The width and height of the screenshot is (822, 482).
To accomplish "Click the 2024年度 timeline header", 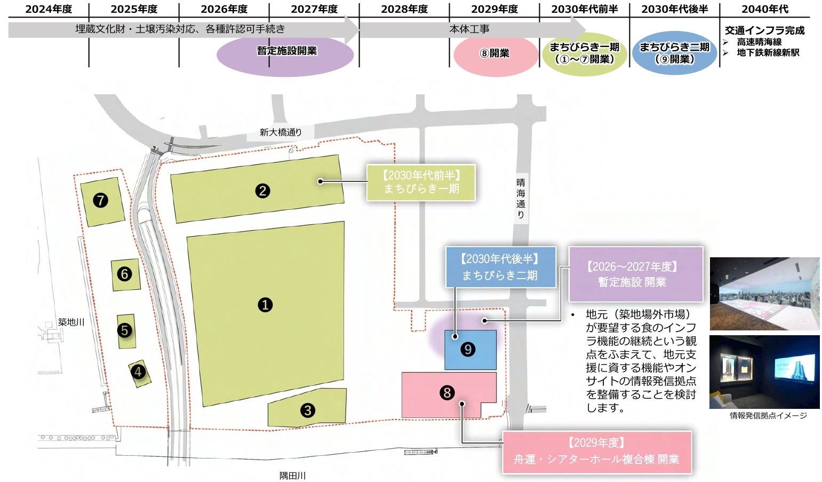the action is point(49,9).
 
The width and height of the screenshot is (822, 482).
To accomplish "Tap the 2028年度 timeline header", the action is point(404,9).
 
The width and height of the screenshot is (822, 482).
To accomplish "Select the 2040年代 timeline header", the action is point(764,9).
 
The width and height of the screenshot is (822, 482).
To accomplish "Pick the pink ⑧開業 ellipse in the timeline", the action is point(495,54).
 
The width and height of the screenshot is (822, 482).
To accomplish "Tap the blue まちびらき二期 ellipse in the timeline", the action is point(674,53).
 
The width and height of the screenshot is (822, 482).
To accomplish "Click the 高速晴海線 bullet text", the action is point(759,42).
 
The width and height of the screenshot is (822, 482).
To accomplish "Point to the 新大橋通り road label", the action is point(281,132).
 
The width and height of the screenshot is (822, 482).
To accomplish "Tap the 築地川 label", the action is point(71,322).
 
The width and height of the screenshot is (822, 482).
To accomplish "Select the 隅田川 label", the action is point(293,475).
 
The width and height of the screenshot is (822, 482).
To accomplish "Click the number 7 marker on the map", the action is point(100,200).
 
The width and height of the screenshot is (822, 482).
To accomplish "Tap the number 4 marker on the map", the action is point(138,372).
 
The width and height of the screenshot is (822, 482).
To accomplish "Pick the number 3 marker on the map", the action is point(307,410).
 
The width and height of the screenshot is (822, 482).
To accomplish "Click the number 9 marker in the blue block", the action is point(468,349).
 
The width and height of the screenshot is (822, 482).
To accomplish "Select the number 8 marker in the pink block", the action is point(447,393).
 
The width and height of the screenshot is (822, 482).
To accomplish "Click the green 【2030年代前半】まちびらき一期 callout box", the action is point(421,182).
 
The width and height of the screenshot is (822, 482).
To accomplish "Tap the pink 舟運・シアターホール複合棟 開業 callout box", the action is point(596,452).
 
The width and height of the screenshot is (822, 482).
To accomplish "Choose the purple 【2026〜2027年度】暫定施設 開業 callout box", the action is point(635,274).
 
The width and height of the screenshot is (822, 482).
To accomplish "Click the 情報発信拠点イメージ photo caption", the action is point(768,415).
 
